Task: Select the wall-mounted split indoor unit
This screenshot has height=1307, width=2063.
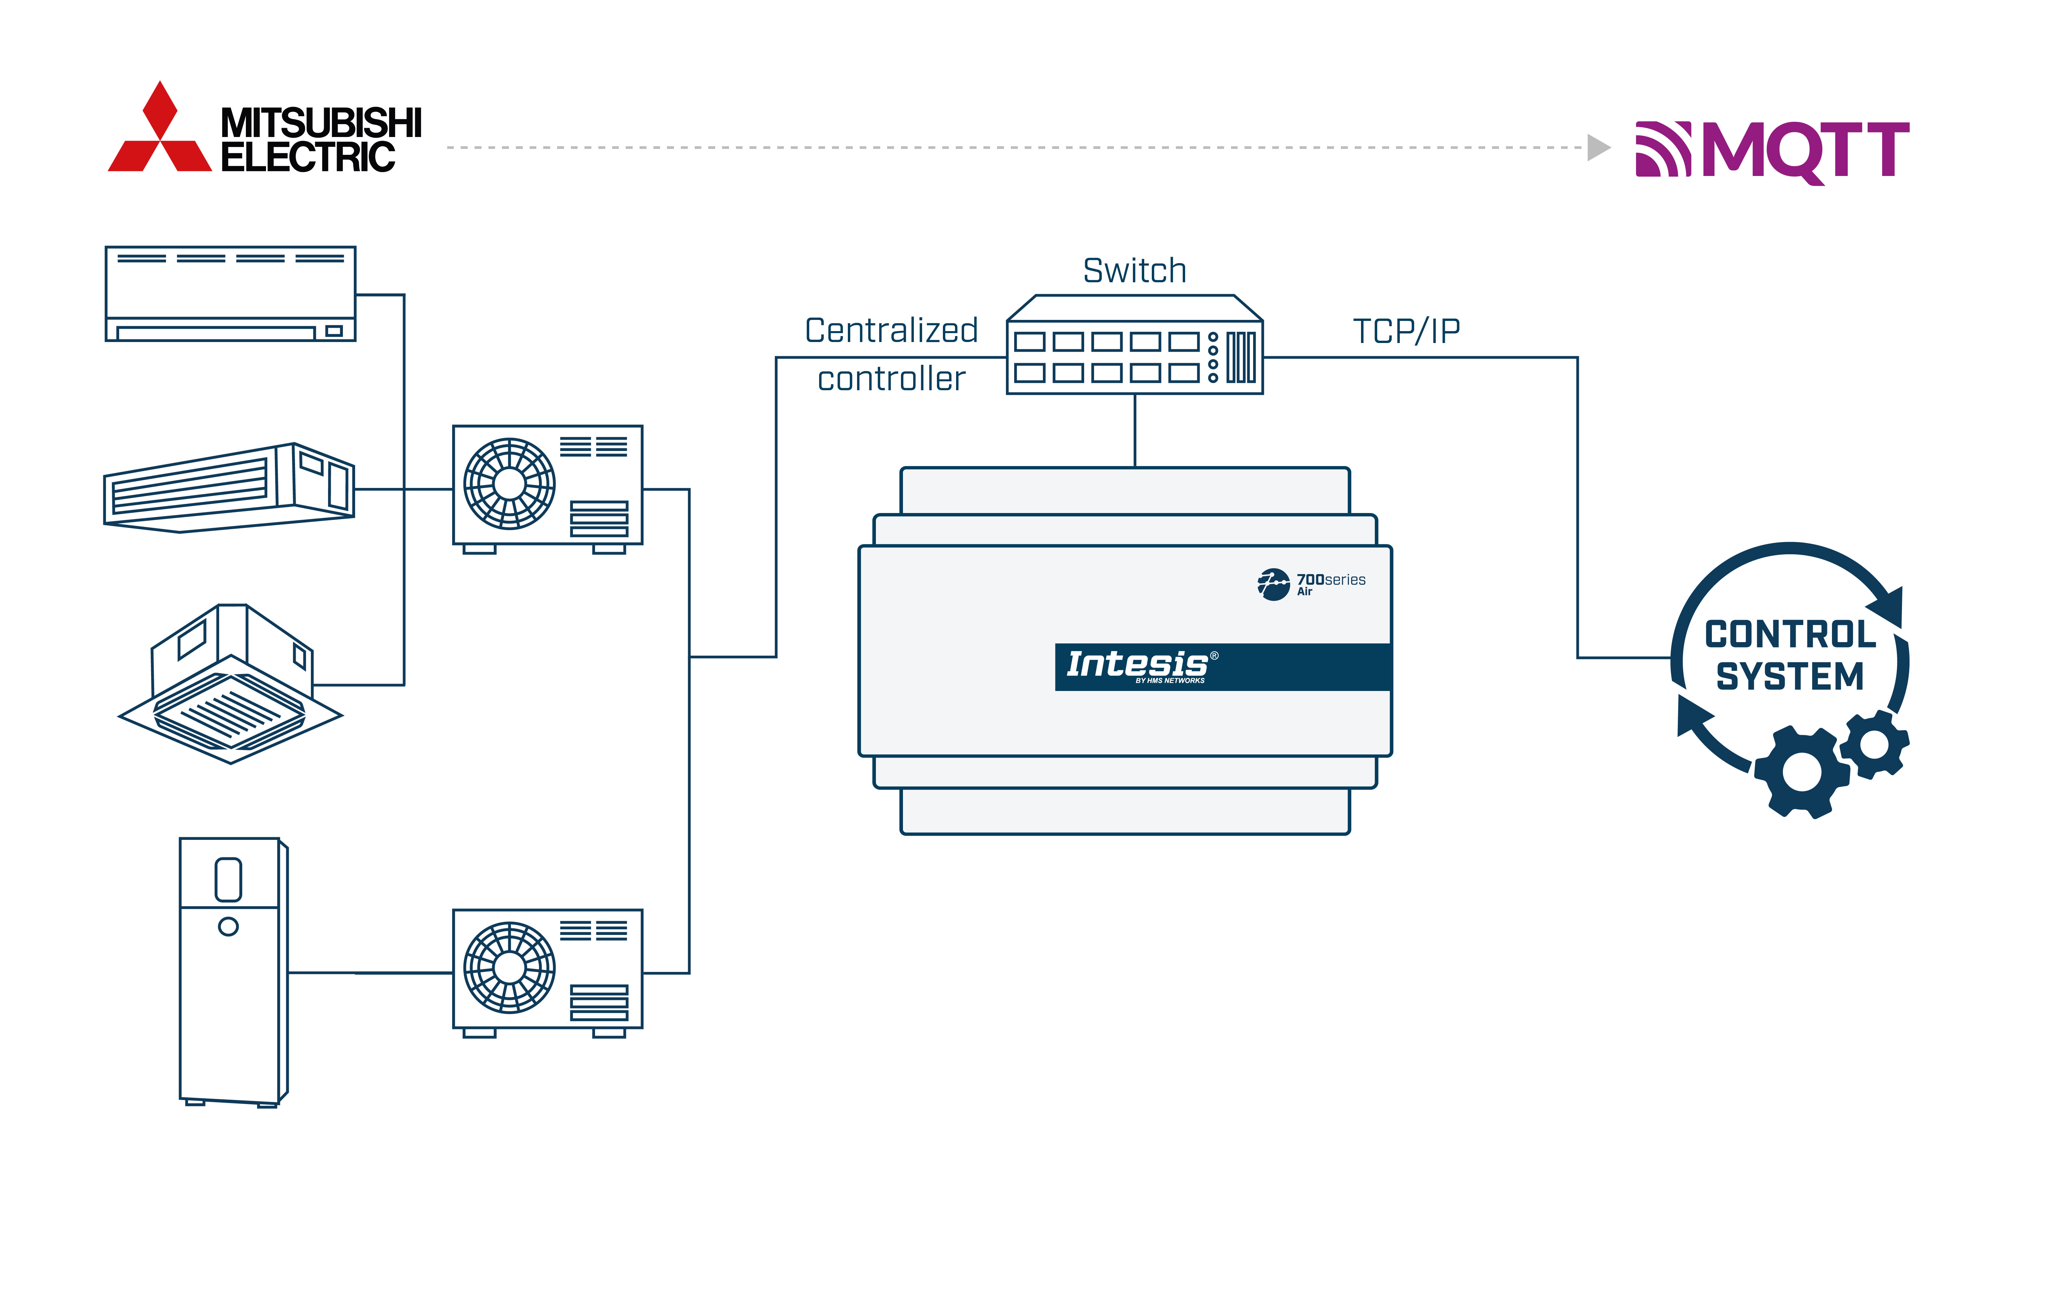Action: pyautogui.click(x=230, y=294)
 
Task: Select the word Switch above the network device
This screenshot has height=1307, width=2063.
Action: pyautogui.click(x=1134, y=271)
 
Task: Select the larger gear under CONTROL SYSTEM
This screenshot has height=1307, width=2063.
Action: pyautogui.click(x=1802, y=771)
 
